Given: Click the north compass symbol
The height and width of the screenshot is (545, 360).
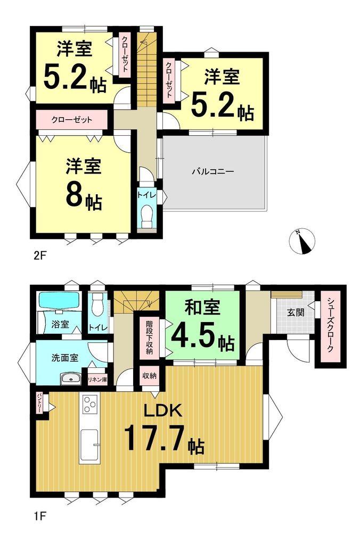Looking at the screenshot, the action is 302,241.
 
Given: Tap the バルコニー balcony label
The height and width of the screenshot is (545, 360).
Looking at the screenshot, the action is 213,171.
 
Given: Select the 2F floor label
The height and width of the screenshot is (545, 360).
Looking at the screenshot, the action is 39,256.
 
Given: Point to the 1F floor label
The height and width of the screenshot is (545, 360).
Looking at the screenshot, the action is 39,515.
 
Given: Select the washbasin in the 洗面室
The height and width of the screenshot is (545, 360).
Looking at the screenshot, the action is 71,379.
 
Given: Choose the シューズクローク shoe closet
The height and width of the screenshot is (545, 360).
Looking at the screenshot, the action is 330,326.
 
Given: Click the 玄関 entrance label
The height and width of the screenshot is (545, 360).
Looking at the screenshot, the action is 296,312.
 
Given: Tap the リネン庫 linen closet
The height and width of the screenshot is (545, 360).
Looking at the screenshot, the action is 97,380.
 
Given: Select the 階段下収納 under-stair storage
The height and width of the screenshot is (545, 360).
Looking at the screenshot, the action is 149,337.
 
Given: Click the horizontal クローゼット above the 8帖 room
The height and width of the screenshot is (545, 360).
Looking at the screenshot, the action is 72,120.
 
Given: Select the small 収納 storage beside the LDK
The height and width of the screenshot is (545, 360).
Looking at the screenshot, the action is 149,376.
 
